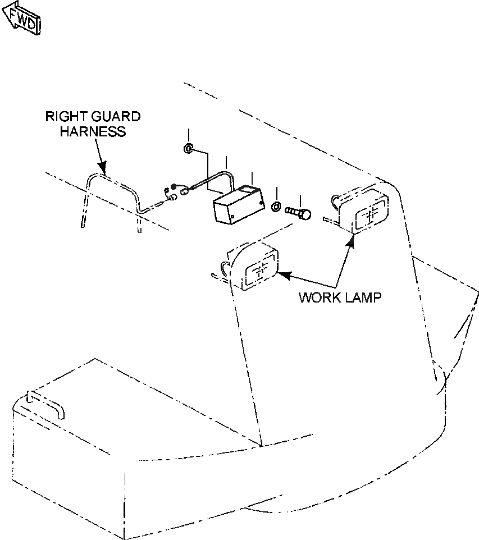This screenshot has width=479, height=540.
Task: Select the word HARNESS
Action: click(92, 132)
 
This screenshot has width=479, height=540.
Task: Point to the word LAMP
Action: click(362, 297)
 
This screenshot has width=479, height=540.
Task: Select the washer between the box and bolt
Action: click(276, 207)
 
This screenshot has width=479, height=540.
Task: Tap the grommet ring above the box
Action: click(189, 149)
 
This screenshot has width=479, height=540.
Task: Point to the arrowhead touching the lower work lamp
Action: click(284, 274)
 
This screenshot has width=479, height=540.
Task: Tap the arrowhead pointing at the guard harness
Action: click(102, 167)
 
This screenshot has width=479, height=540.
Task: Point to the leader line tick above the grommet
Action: click(189, 135)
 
